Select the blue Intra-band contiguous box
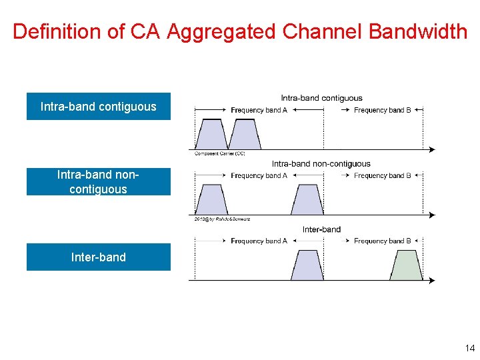(98, 107)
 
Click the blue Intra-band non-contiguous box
(98, 182)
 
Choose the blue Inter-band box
(98, 257)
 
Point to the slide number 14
(469, 348)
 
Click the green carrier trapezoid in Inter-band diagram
(406, 266)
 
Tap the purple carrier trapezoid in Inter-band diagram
(307, 266)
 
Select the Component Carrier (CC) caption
(219, 153)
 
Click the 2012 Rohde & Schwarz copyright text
(222, 219)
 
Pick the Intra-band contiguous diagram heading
(321, 98)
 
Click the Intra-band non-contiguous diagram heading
(321, 163)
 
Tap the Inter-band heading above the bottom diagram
(321, 229)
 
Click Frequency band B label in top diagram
(382, 110)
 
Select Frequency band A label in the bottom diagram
(259, 241)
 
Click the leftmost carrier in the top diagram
(212, 134)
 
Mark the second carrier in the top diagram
(245, 134)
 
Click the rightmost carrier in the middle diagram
(307, 199)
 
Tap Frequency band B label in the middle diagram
(382, 175)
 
